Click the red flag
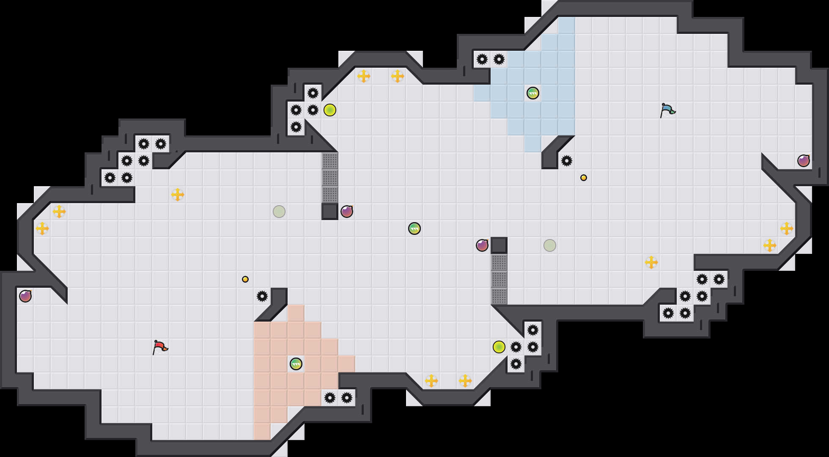tap(159, 347)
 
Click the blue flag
tap(667, 110)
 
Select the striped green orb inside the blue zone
tap(533, 93)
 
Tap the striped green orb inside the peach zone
tap(296, 364)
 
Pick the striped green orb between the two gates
tap(414, 228)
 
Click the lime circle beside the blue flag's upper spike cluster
tap(330, 110)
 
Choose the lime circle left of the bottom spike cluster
tap(499, 347)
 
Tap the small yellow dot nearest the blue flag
tap(584, 178)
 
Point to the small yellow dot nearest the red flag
tap(245, 279)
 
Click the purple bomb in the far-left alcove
tap(25, 296)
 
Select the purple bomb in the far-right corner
tap(804, 161)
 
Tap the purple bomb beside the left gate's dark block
tap(347, 212)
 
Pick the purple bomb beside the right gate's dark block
tap(482, 245)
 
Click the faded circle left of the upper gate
tap(279, 212)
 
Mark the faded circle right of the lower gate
tap(550, 245)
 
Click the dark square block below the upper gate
tap(330, 212)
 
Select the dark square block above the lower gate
tap(499, 245)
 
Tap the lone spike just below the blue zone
tap(567, 161)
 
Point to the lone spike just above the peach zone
tap(262, 296)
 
